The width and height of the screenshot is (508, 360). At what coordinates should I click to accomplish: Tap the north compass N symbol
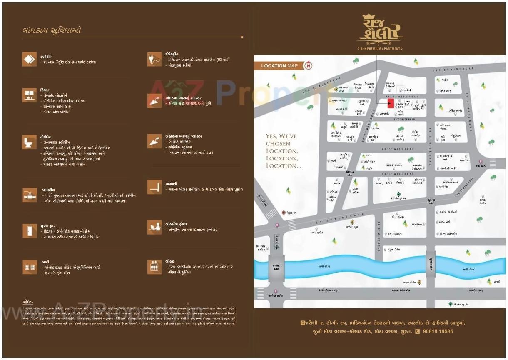tap(308, 65)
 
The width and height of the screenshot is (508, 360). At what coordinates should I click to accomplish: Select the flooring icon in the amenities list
tap(29, 59)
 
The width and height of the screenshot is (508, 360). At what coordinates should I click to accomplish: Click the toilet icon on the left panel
tap(29, 142)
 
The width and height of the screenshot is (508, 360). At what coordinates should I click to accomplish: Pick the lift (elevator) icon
tap(154, 267)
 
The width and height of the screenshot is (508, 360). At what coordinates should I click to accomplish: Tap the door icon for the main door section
tap(29, 230)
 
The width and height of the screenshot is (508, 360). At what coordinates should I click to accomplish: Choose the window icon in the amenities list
tap(29, 267)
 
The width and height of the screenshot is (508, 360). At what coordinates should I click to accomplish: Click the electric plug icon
tap(154, 59)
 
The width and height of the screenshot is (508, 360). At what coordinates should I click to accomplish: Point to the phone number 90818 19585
tap(438, 332)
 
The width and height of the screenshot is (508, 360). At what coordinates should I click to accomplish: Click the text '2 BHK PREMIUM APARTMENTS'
tap(380, 49)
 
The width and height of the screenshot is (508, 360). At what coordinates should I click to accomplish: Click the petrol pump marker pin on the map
tap(284, 212)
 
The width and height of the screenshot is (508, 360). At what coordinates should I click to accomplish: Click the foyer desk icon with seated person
tap(154, 227)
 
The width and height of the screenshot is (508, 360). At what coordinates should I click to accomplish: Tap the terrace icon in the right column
tap(154, 187)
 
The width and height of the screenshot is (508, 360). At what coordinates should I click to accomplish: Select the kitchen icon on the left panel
tap(29, 95)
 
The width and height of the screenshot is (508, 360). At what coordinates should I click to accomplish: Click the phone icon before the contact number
tap(417, 332)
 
